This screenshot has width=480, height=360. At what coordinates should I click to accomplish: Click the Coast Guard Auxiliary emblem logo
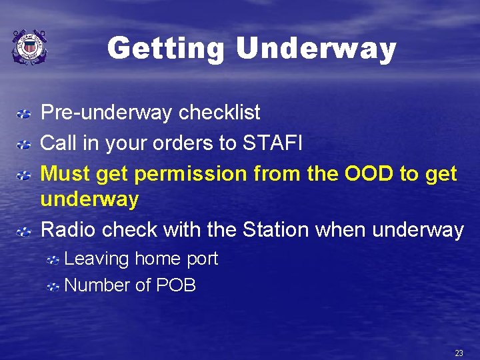[x=29, y=47]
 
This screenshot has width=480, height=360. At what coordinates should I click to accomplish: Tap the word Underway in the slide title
[x=316, y=49]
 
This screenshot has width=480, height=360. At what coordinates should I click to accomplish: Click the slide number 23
[x=459, y=353]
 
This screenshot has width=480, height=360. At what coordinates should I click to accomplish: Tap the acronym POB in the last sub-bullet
[x=176, y=285]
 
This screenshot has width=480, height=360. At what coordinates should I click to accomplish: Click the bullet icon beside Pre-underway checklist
[x=23, y=115]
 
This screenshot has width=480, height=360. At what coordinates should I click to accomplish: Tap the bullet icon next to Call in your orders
[x=23, y=145]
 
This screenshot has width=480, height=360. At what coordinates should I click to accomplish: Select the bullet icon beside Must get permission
[x=23, y=175]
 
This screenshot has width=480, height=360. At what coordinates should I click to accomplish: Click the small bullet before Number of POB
[x=53, y=287]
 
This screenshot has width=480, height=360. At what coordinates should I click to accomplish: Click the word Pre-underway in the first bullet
[x=107, y=113]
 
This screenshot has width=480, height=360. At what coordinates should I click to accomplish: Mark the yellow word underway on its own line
[x=89, y=199]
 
